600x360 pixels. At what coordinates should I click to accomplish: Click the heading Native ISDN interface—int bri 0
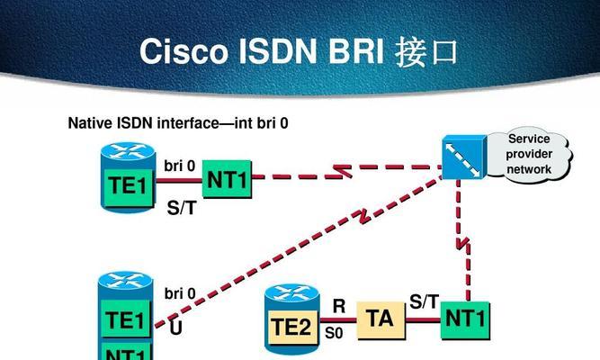coord(178,122)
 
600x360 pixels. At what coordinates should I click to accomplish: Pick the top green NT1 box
coord(227,181)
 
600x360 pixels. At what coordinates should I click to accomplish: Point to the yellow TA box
coord(381,319)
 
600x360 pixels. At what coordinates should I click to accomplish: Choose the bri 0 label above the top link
coord(180,166)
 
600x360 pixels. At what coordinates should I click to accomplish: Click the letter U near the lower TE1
coord(175,328)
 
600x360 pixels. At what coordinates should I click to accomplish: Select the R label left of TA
coord(338,306)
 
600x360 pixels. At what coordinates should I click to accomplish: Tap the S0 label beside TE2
coord(333,332)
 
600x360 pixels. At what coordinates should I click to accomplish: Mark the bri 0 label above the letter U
coord(180,293)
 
